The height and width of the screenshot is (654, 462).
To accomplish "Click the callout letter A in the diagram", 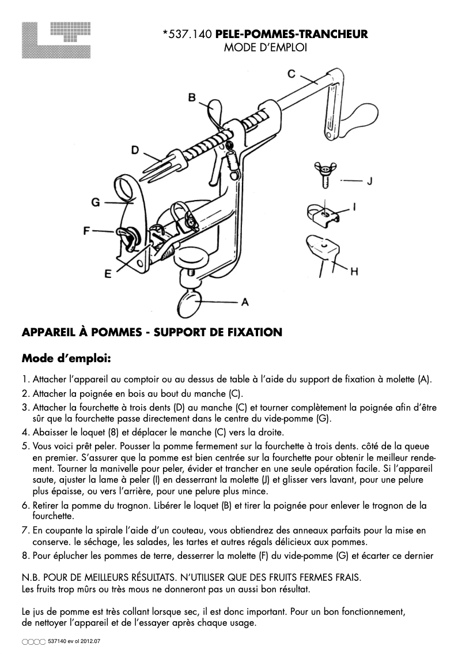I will point(244,302).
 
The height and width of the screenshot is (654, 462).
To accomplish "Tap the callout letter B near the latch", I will point(192,97).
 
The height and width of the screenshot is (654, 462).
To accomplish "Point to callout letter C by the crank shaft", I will point(291,73).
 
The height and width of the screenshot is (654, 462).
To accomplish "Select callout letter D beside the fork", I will point(135,150).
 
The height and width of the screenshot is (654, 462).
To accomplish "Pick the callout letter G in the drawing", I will point(96,202).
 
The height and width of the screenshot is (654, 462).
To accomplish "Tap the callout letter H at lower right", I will point(354,270).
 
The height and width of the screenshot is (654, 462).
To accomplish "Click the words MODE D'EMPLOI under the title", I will point(264,48).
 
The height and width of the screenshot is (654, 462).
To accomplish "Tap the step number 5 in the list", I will point(25,446).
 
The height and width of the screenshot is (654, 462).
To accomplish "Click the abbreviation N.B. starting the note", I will point(31,577).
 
